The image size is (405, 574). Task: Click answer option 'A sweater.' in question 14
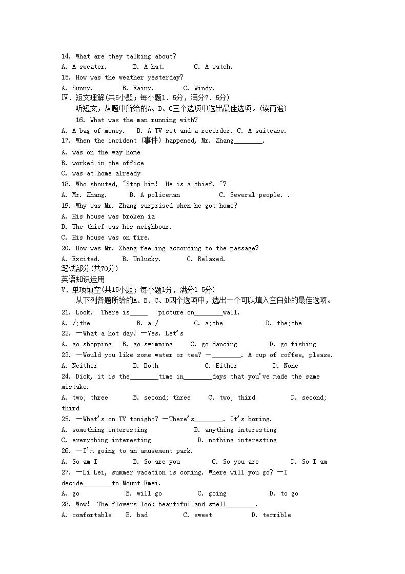pos(89,67)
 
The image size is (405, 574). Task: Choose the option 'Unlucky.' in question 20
pos(147,259)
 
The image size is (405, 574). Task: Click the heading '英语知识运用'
pos(83,280)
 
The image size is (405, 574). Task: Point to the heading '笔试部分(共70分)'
pos(90,269)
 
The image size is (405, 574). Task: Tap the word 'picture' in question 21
pos(170,312)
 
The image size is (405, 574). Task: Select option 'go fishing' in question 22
pos(298,345)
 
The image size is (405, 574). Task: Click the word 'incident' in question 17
pos(122,141)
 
